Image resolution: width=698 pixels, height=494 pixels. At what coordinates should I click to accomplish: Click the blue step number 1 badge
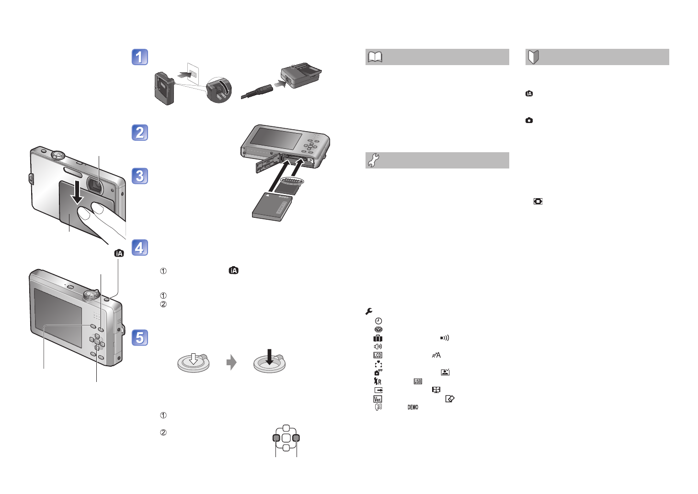pyautogui.click(x=140, y=57)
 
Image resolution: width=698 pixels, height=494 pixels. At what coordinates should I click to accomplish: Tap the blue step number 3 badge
pyautogui.click(x=140, y=176)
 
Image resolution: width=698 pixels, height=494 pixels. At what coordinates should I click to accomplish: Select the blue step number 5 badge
pyautogui.click(x=140, y=337)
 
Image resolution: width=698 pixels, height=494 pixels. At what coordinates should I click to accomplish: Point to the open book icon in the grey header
pyautogui.click(x=375, y=57)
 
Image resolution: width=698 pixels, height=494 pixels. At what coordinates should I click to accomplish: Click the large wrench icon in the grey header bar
pyautogui.click(x=373, y=160)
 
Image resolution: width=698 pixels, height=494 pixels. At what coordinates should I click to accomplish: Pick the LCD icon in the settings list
pyautogui.click(x=378, y=355)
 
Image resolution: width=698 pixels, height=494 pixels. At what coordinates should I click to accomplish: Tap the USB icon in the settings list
pyautogui.click(x=418, y=382)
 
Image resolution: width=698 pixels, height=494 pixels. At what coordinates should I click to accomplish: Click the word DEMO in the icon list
pyautogui.click(x=413, y=407)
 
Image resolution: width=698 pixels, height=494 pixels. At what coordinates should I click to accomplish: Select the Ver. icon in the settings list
pyautogui.click(x=378, y=399)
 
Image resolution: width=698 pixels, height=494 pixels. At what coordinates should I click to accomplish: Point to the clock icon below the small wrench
pyautogui.click(x=378, y=321)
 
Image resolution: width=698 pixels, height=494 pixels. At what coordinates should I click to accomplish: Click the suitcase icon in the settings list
pyautogui.click(x=378, y=338)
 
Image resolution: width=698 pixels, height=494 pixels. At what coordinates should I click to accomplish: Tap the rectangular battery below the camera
pyautogui.click(x=271, y=206)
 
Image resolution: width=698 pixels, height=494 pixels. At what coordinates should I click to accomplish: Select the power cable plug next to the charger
pyautogui.click(x=257, y=90)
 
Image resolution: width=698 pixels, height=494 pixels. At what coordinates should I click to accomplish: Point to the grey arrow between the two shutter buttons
pyautogui.click(x=231, y=362)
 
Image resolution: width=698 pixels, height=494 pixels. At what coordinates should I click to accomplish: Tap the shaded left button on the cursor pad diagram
pyautogui.click(x=276, y=438)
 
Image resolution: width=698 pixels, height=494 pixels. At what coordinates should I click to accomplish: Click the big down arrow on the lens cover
pyautogui.click(x=77, y=190)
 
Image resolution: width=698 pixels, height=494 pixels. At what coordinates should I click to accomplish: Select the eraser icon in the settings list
pyautogui.click(x=449, y=399)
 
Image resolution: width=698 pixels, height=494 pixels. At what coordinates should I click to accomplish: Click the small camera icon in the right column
pyautogui.click(x=529, y=121)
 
